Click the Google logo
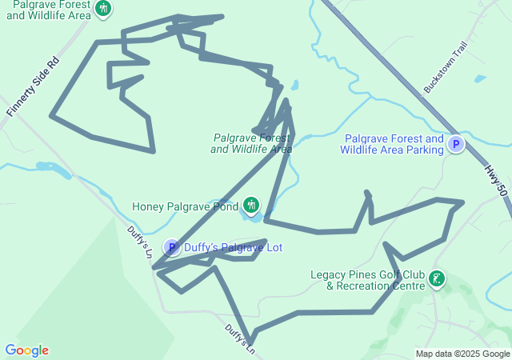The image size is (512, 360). tap(27, 350)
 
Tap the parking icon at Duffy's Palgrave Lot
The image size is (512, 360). tap(171, 247)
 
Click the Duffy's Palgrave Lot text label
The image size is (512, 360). tap(233, 247)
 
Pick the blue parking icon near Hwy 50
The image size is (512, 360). tap(455, 145)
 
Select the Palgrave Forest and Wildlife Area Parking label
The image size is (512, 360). tap(391, 144)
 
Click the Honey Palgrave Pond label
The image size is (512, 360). tap(185, 206)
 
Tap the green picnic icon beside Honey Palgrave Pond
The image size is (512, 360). tap(251, 206)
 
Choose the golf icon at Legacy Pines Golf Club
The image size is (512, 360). tap(437, 280)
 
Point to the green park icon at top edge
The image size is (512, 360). tap(102, 9)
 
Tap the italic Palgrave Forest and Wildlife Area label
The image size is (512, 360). tap(251, 142)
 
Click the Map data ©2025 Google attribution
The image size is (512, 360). tap(462, 354)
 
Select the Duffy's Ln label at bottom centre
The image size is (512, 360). tap(239, 339)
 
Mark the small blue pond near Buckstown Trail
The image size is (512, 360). tap(479, 79)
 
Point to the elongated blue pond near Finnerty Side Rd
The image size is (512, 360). tap(53, 169)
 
